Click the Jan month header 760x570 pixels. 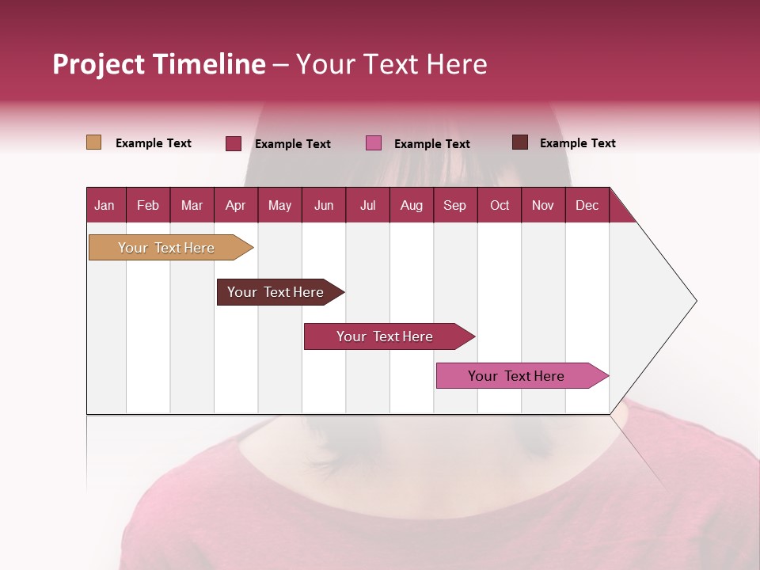(104, 205)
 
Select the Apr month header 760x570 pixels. (235, 205)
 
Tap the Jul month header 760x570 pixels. (367, 205)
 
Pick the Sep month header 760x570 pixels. (454, 205)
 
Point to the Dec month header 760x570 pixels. (587, 205)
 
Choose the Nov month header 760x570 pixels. (542, 205)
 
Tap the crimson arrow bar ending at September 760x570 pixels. (385, 336)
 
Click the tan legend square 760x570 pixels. (93, 142)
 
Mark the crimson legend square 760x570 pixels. (233, 143)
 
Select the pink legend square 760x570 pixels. (374, 143)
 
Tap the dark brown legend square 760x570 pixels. (519, 142)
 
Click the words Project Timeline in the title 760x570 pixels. (159, 64)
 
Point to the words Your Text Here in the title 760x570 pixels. (391, 64)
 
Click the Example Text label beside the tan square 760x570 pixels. (154, 143)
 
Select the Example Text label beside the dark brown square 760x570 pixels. (577, 143)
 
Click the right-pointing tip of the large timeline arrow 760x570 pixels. (693, 301)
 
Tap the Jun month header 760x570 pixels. (323, 205)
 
